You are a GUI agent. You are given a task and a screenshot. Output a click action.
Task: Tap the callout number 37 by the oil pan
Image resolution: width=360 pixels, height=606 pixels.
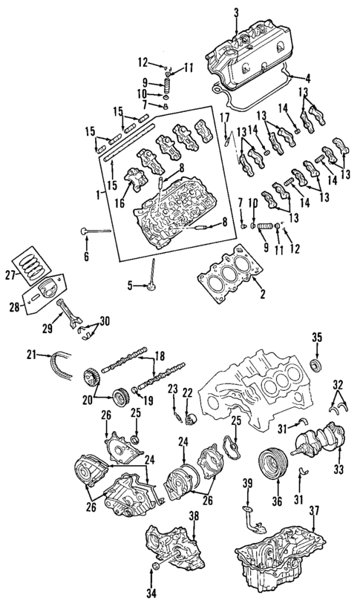tap(315, 510)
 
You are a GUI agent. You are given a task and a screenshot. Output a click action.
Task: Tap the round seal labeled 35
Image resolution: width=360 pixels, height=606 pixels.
tap(317, 365)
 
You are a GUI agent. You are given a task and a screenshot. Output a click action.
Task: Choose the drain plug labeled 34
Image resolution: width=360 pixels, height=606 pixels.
tap(154, 568)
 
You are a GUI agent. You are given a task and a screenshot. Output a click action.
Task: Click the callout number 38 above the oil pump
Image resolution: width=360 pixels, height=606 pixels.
tap(194, 516)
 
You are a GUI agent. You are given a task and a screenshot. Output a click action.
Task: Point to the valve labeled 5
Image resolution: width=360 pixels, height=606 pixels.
tap(152, 286)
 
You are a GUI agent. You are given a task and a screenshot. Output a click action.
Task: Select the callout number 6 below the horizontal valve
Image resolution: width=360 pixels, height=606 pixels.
tap(86, 256)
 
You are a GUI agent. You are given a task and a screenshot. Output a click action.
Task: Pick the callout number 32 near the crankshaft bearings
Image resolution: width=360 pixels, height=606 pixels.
tap(338, 386)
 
